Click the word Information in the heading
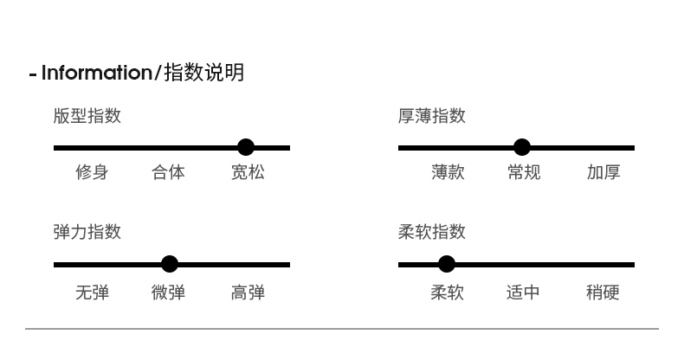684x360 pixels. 96,73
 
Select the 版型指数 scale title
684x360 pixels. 87,116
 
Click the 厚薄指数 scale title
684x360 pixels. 431,116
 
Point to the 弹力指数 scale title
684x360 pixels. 87,232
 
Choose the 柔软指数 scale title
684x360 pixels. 431,232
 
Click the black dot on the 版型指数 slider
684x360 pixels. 246,148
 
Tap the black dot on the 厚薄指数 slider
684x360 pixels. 521,148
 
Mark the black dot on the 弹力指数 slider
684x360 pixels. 170,264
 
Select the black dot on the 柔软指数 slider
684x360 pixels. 447,264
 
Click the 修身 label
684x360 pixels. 92,172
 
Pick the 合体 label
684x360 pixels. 168,172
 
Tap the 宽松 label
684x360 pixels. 248,172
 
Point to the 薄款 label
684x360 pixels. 448,172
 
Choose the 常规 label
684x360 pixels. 524,172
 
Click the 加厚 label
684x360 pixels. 603,172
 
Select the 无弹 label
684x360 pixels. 92,292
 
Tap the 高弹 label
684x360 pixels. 248,292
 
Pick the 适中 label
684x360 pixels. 523,292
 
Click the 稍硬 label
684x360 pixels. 603,292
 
